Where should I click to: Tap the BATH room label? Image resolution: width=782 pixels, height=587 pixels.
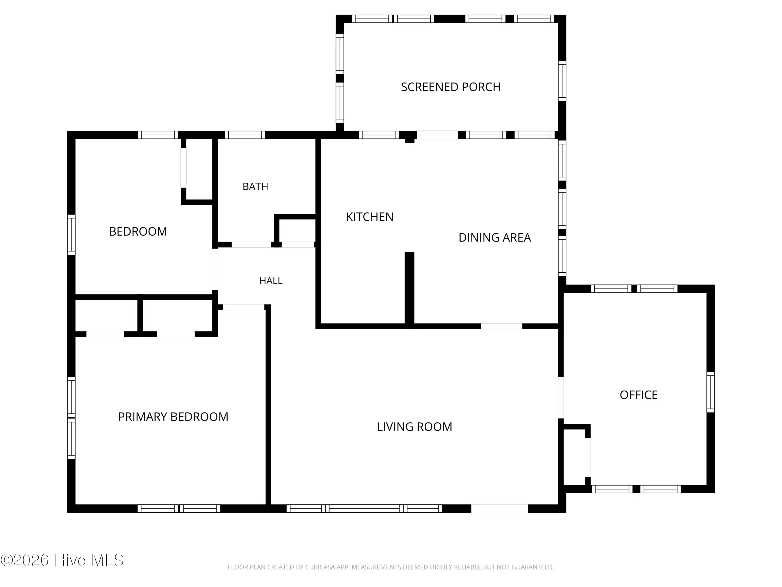(x=255, y=187)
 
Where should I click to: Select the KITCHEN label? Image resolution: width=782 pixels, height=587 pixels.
(x=369, y=217)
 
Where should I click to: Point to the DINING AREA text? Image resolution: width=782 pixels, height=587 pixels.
(x=494, y=237)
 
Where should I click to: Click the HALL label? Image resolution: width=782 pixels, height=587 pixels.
(x=271, y=280)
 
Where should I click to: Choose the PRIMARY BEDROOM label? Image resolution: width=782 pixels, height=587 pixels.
(x=173, y=417)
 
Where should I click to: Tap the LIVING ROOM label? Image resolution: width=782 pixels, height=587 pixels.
(x=414, y=427)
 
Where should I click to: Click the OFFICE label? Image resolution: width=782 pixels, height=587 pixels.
(x=638, y=395)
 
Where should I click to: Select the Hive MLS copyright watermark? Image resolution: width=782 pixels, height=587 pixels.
(x=62, y=560)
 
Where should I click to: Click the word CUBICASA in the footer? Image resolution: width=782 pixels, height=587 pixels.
(x=320, y=567)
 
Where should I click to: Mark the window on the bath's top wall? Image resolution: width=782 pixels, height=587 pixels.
(x=245, y=135)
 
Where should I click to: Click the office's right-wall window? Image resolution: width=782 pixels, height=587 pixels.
(x=710, y=392)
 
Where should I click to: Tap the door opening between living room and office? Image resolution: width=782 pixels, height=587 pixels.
(x=561, y=398)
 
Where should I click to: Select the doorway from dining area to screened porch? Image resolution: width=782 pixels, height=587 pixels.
(x=437, y=135)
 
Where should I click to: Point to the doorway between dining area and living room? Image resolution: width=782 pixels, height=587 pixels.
(x=502, y=326)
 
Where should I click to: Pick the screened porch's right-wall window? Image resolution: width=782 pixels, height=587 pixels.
(x=562, y=81)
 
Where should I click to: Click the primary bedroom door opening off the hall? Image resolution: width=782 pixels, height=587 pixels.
(x=243, y=307)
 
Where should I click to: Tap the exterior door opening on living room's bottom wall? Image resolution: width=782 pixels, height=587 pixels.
(x=499, y=508)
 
